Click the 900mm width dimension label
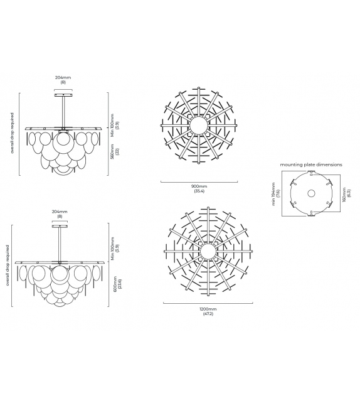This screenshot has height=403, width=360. coord(198,186)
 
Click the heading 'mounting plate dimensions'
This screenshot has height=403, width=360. coord(311,164)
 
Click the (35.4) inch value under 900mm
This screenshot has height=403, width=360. coord(198,191)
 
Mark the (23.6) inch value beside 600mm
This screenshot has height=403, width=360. coord(118,283)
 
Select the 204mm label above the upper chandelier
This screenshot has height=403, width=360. coord(63,78)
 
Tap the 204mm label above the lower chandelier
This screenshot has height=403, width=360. coord(60,212)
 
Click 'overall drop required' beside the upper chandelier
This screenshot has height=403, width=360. coord(13,134)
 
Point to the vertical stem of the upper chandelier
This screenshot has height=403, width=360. coord(63,110)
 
